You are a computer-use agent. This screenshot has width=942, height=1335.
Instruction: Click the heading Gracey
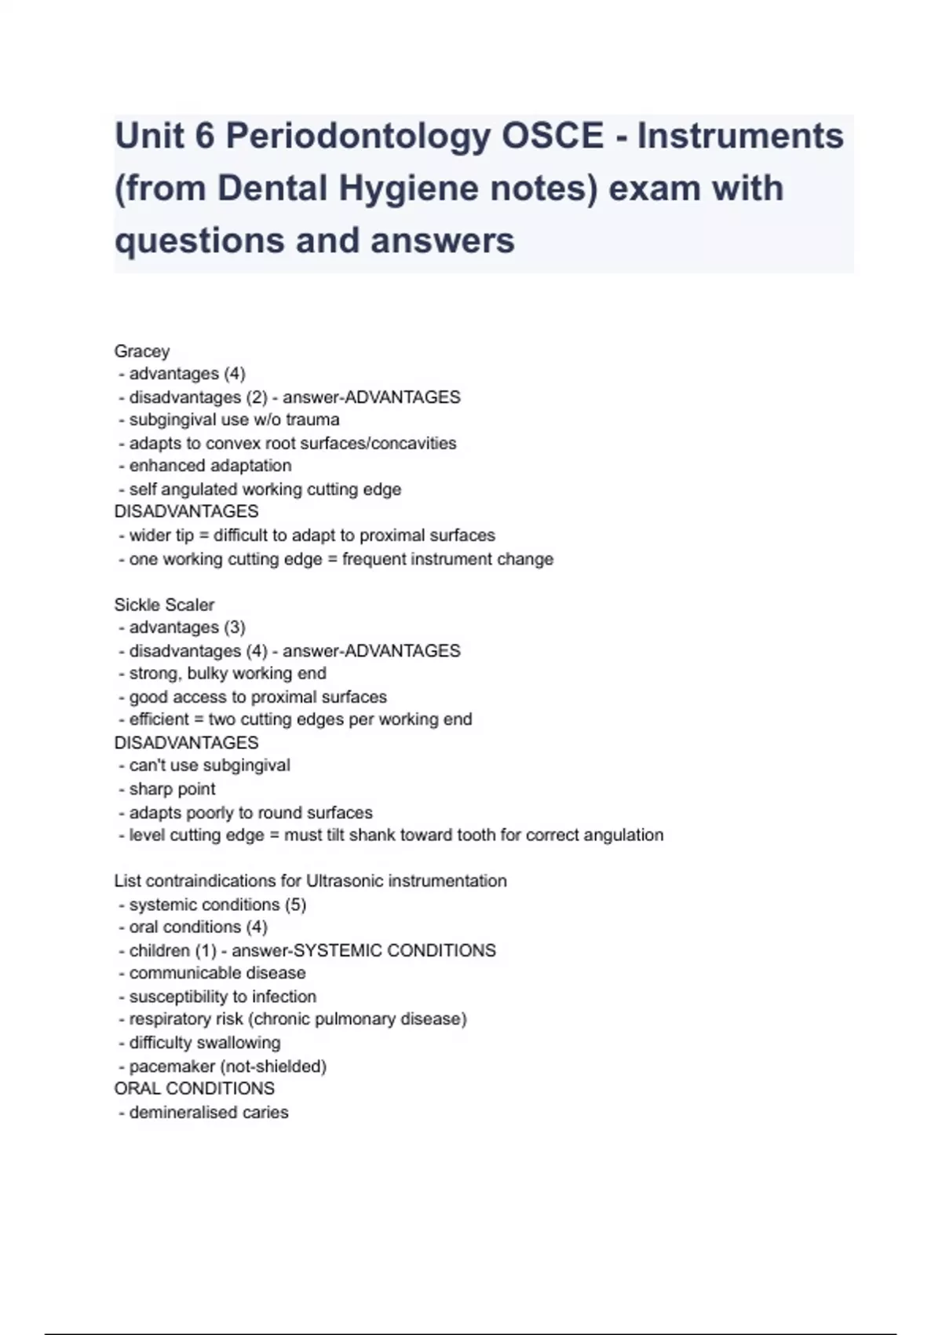point(142,351)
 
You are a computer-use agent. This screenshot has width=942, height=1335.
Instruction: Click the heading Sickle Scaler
point(164,605)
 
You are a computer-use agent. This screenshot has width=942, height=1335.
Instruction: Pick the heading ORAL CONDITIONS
point(195,1088)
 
